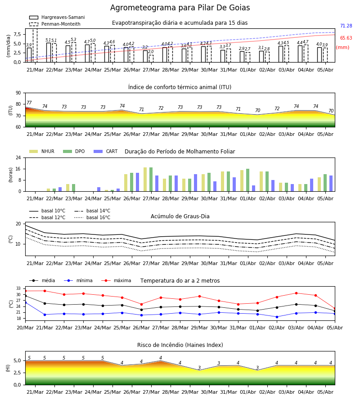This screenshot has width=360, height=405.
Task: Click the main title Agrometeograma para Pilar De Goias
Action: click(x=180, y=8)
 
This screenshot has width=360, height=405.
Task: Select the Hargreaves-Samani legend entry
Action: click(x=57, y=17)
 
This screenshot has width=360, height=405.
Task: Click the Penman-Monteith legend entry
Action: click(x=55, y=24)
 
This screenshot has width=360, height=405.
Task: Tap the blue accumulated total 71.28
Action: click(x=346, y=26)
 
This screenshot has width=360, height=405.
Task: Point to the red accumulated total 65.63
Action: click(x=346, y=38)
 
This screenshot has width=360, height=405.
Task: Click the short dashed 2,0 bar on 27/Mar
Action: click(x=151, y=58)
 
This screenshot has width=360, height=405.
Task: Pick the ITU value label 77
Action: click(x=29, y=103)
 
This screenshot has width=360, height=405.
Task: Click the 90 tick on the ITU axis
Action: click(x=18, y=93)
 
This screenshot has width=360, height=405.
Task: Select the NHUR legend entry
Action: click(x=42, y=151)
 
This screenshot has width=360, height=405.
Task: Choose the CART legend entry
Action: click(x=106, y=151)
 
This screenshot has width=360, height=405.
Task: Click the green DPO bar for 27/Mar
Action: click(x=151, y=180)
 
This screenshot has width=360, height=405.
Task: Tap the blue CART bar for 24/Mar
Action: click(x=99, y=189)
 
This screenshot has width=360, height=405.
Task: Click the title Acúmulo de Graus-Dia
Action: click(x=180, y=216)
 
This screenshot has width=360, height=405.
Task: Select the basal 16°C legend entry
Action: click(x=92, y=217)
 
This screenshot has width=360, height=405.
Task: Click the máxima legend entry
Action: click(x=116, y=280)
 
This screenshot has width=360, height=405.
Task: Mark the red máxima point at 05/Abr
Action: click(x=335, y=309)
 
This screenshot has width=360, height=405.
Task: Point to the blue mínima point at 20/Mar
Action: click(x=25, y=302)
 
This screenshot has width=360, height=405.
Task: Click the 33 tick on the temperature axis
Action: click(x=18, y=288)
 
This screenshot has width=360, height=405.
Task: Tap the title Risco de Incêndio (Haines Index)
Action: click(x=180, y=345)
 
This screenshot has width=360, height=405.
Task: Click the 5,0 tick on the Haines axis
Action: click(x=17, y=361)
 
